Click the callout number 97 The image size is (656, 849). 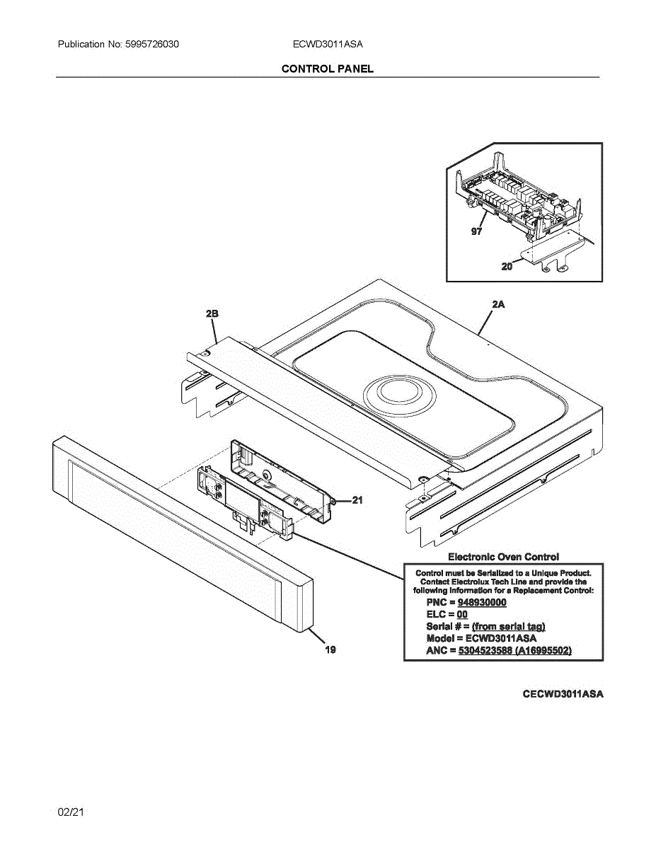tap(476, 231)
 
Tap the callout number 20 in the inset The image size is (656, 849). tap(507, 267)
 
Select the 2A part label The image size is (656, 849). tap(497, 304)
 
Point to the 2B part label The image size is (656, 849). tap(212, 313)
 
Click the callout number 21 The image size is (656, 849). tap(357, 500)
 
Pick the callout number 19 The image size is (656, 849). tap(330, 649)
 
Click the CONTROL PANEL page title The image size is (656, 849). tap(328, 69)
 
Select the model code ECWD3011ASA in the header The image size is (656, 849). tap(328, 45)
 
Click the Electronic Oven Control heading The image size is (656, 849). tap(503, 557)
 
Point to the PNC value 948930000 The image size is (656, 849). tap(482, 602)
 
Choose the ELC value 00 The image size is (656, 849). tap(462, 614)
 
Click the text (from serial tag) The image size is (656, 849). tap(508, 626)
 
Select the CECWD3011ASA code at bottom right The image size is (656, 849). tap(563, 694)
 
